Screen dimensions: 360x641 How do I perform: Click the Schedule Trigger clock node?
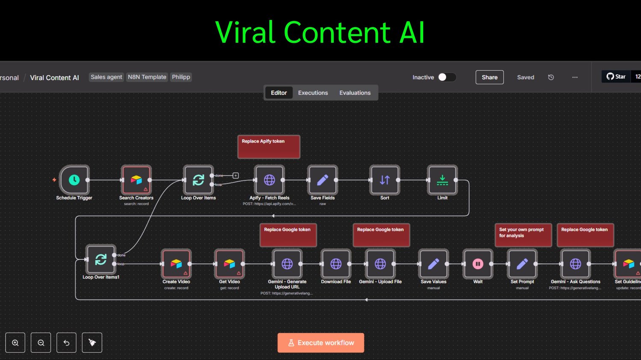point(74,180)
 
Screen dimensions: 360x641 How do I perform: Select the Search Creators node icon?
point(136,180)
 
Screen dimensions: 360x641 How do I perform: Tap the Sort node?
point(385,180)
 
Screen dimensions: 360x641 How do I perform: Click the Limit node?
point(442,180)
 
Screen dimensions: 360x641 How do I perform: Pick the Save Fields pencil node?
point(323,180)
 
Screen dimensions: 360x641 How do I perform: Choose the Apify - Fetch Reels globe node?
point(269,180)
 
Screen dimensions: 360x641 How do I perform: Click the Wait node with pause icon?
point(478,264)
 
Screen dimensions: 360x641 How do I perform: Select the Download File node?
point(336,264)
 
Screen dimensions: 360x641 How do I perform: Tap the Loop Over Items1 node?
point(101,259)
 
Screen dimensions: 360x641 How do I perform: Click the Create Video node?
point(176,264)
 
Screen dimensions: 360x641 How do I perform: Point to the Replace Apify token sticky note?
point(269,146)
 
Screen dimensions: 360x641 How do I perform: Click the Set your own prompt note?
point(523,234)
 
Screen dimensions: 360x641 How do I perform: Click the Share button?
point(489,77)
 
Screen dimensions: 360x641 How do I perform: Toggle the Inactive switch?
point(447,77)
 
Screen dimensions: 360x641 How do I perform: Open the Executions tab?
point(313,93)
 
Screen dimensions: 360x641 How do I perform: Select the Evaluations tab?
point(355,93)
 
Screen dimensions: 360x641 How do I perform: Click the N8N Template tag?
point(147,77)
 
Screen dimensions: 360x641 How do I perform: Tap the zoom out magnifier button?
point(41,342)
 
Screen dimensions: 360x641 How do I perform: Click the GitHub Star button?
point(616,77)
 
